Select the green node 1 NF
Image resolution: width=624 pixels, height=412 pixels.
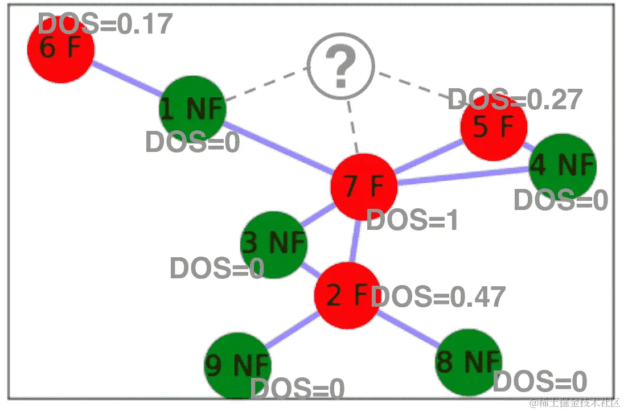(x=192, y=108)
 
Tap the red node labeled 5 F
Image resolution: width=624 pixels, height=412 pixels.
(x=493, y=127)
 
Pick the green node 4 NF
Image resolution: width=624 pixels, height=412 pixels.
(x=562, y=166)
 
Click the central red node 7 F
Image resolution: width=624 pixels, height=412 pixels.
(x=364, y=186)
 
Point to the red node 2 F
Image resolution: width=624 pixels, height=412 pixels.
(x=347, y=295)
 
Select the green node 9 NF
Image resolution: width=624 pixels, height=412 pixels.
(x=237, y=366)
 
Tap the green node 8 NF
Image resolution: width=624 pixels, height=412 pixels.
(x=469, y=362)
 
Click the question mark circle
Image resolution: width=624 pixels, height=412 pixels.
(x=340, y=67)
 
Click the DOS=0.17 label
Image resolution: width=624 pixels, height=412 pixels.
(x=105, y=24)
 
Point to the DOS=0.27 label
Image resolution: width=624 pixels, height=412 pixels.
(x=515, y=100)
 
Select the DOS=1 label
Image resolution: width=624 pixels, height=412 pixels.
(x=412, y=221)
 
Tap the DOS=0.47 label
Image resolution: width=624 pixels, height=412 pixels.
(x=438, y=297)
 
